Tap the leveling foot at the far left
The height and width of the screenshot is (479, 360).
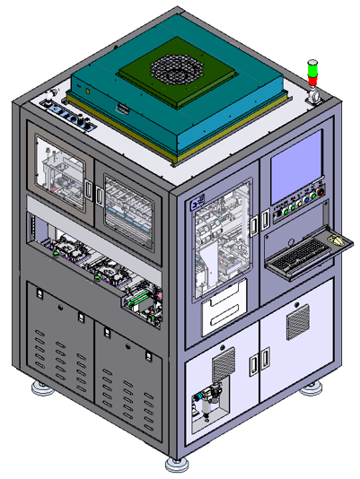tap(40, 388)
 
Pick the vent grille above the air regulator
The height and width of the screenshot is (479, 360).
tap(222, 361)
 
